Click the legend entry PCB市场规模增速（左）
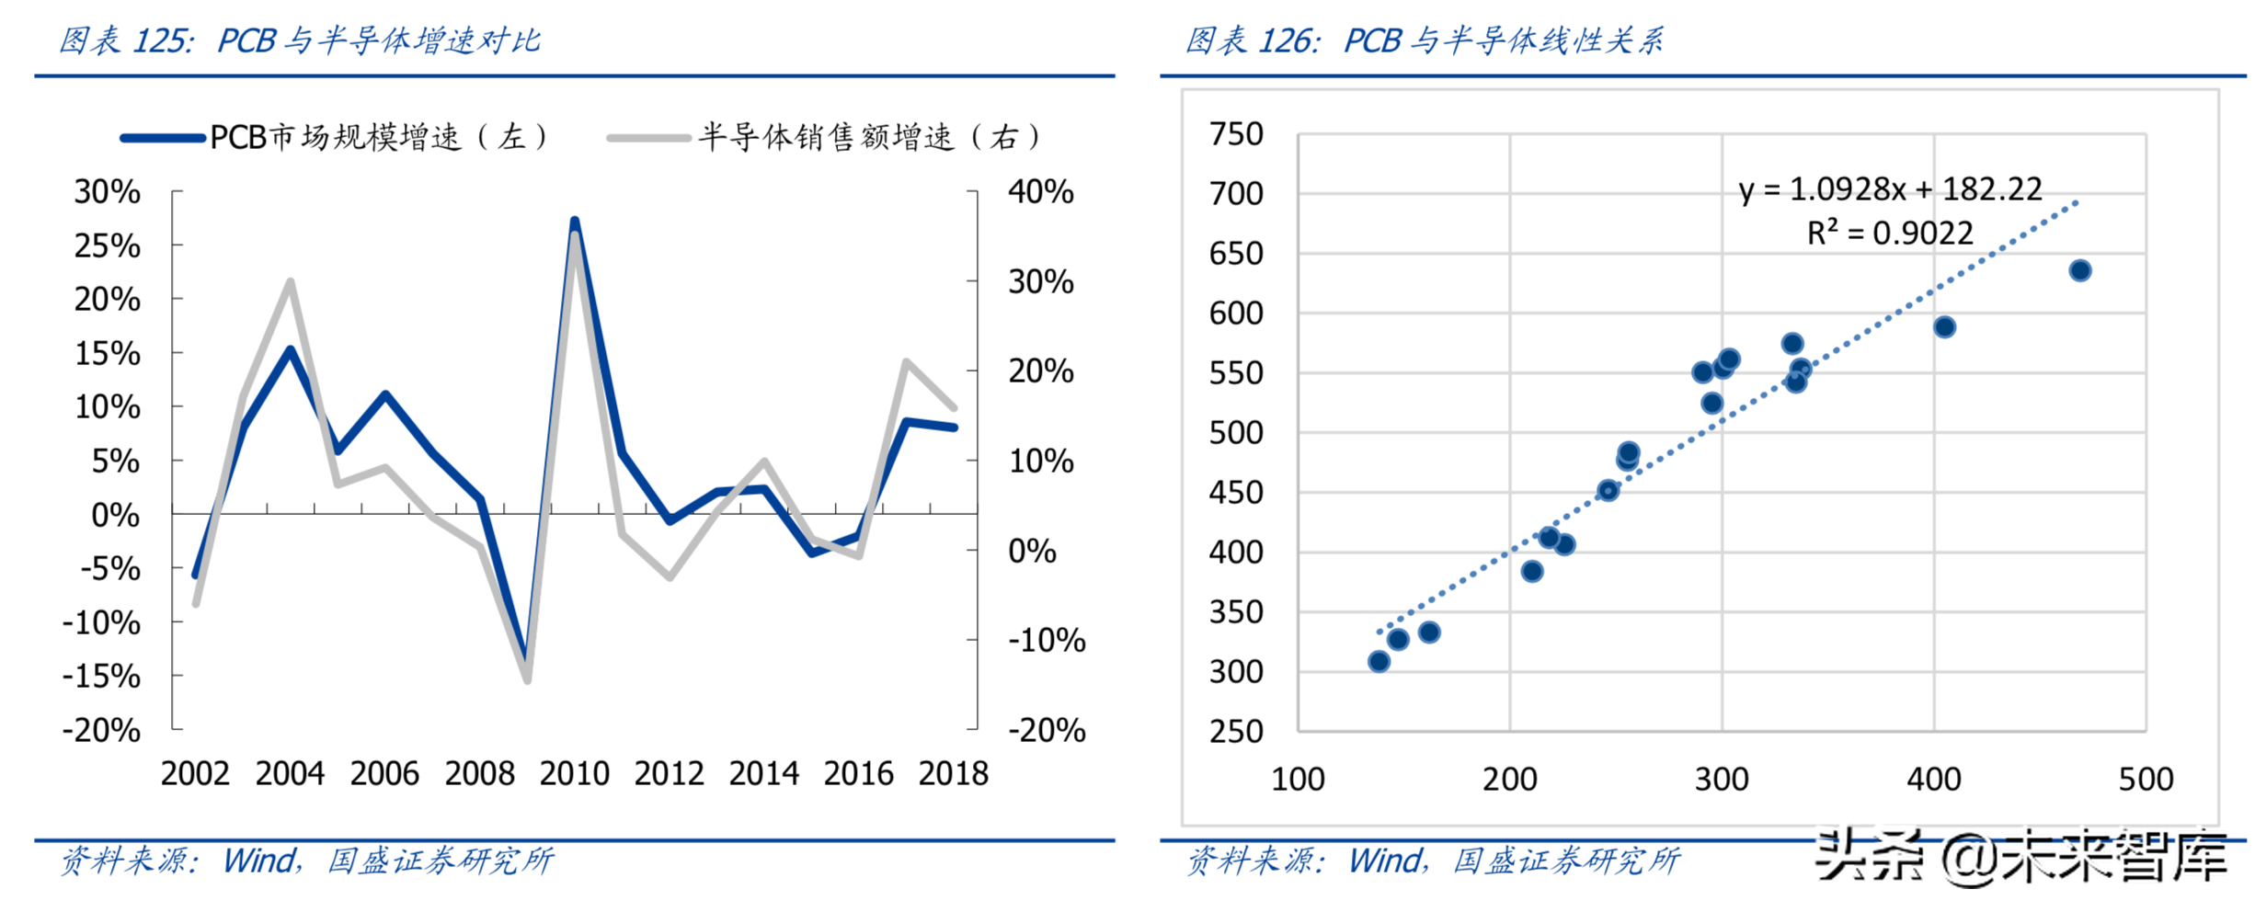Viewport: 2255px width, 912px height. click(x=336, y=138)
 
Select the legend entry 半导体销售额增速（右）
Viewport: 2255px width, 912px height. click(x=828, y=138)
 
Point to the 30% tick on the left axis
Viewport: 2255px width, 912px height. click(x=108, y=192)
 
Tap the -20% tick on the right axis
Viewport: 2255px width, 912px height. click(x=1047, y=731)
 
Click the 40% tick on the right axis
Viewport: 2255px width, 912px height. click(x=1041, y=192)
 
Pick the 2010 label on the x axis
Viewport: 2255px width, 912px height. click(x=574, y=774)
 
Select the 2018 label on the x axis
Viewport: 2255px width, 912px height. click(x=953, y=774)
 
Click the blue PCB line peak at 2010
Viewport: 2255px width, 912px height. click(x=575, y=222)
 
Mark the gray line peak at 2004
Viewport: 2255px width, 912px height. click(x=290, y=281)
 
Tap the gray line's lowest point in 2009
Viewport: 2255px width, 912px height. click(x=528, y=681)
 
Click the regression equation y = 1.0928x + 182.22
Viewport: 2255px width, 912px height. click(x=1890, y=189)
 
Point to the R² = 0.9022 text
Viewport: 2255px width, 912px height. click(x=1890, y=234)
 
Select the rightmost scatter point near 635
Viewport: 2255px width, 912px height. click(x=2080, y=270)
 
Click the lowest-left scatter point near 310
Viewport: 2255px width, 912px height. click(x=1379, y=662)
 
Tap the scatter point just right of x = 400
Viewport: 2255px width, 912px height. click(x=1944, y=327)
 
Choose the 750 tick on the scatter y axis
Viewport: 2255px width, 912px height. click(x=1236, y=134)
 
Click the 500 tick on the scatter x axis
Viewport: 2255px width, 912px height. click(x=2146, y=780)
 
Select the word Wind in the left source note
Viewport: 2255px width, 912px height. click(x=260, y=861)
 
